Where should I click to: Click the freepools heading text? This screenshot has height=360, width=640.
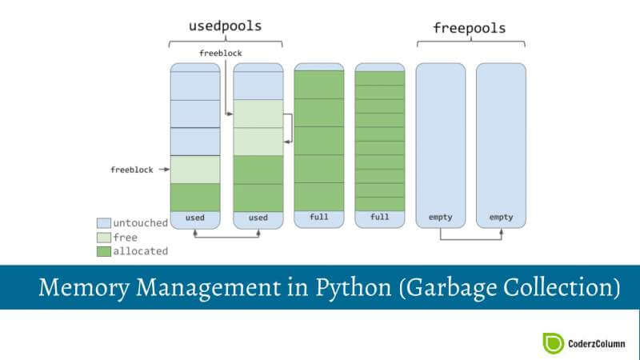470,27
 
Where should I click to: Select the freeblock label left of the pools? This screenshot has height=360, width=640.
131,170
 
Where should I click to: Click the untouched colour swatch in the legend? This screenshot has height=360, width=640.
104,222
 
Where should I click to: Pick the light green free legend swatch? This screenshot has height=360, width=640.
104,237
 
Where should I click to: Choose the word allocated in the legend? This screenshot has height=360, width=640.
142,251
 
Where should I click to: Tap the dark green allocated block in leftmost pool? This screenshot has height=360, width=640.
194,197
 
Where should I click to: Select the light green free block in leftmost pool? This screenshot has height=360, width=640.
194,170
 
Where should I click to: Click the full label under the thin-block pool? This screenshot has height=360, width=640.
379,217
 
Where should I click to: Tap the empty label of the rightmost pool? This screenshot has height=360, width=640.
501,217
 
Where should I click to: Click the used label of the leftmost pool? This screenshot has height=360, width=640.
194,217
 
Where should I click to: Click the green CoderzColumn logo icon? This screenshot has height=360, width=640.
554,342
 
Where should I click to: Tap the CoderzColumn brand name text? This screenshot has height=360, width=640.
598,343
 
